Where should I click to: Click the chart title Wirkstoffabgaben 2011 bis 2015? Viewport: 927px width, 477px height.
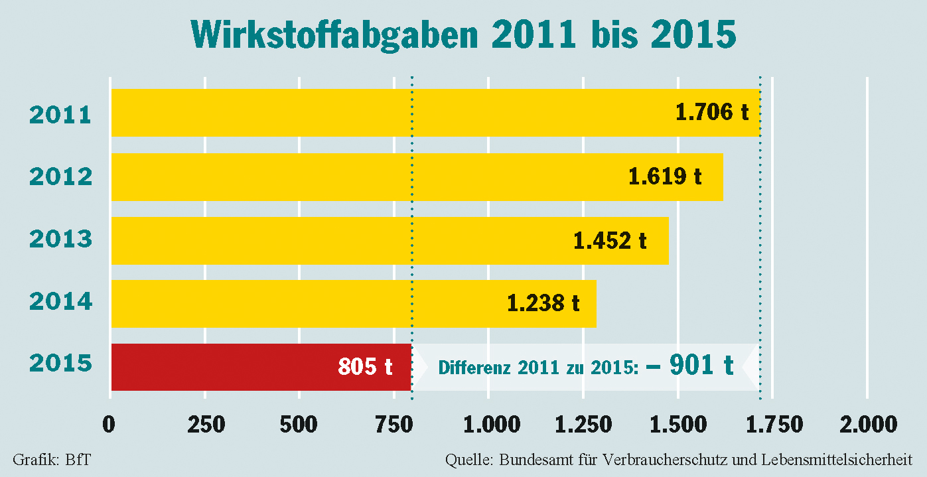click(463, 34)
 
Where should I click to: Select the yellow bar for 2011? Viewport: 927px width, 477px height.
click(385, 113)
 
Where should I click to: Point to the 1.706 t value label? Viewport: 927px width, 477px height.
click(712, 112)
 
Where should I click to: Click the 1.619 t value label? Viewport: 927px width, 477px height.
click(665, 176)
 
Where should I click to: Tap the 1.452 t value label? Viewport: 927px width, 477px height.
click(610, 240)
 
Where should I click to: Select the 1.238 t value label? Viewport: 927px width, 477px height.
click(543, 303)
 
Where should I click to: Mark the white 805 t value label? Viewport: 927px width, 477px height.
click(365, 366)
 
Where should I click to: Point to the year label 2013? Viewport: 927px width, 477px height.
click(60, 239)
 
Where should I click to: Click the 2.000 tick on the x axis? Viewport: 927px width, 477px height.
click(867, 424)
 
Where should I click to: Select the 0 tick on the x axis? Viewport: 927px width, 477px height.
click(109, 424)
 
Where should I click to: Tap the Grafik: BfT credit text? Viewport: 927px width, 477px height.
click(51, 460)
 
